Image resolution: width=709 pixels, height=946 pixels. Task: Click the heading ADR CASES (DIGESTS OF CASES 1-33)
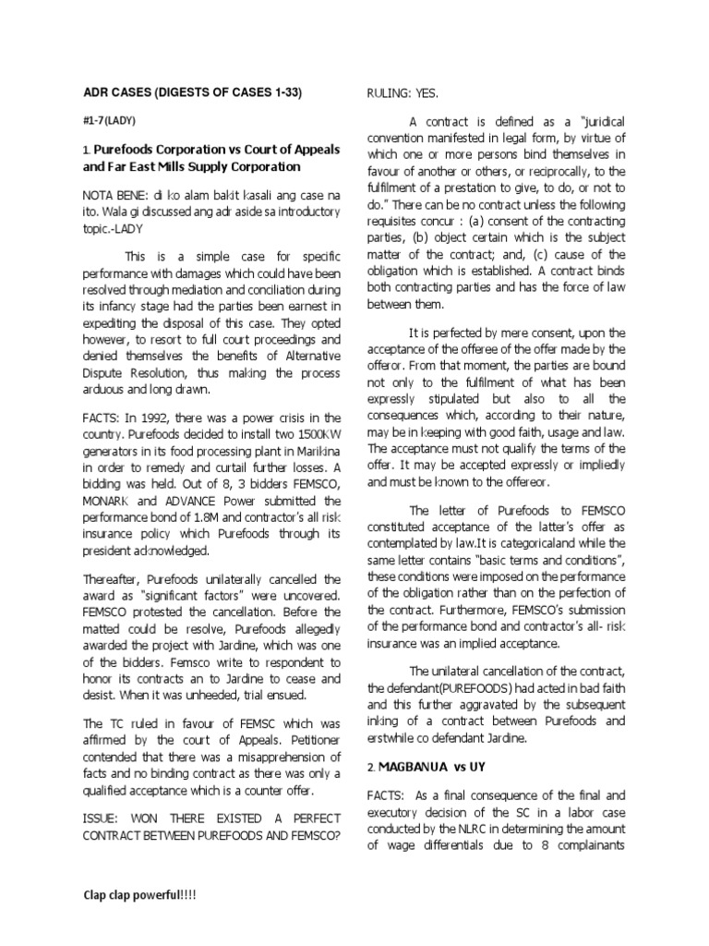point(193,92)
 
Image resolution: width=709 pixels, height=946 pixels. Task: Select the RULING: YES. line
point(403,92)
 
